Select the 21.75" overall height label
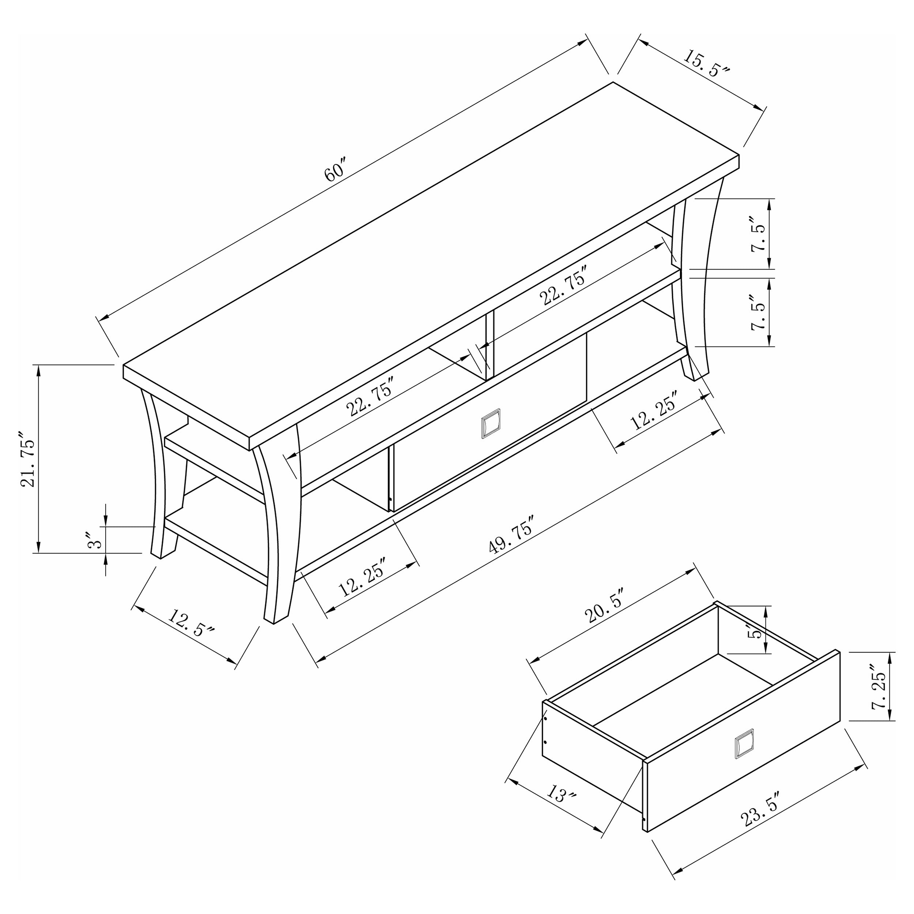pyautogui.click(x=27, y=459)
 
